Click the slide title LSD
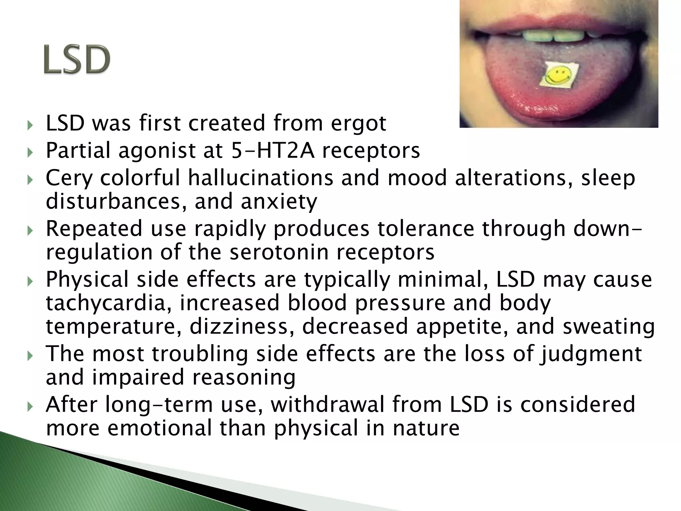(77, 60)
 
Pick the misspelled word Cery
(69, 178)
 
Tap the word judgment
(591, 354)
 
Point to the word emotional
(159, 428)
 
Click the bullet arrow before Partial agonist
(30, 153)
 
